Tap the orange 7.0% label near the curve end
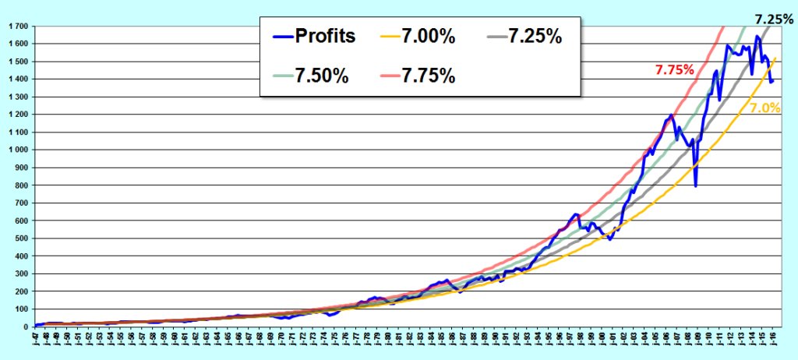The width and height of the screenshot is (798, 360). (x=765, y=109)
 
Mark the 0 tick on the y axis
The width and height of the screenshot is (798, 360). (x=26, y=326)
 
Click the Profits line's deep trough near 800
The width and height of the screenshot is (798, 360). (x=695, y=185)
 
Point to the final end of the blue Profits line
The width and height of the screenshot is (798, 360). (x=772, y=81)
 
